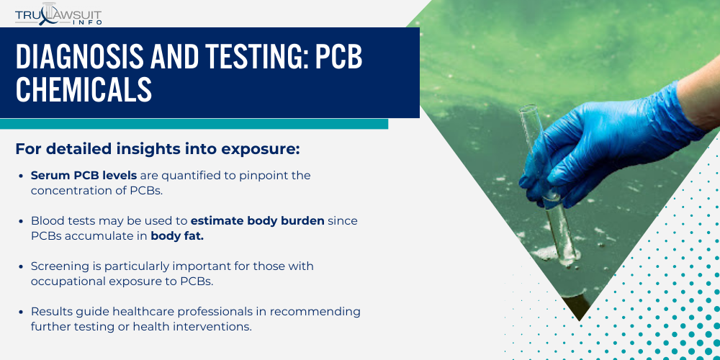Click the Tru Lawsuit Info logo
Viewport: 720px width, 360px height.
click(58, 13)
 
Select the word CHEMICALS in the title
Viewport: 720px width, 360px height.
click(84, 90)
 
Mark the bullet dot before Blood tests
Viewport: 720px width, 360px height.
click(22, 221)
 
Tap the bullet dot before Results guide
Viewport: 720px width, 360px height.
click(22, 312)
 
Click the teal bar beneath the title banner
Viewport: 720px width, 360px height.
click(194, 124)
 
